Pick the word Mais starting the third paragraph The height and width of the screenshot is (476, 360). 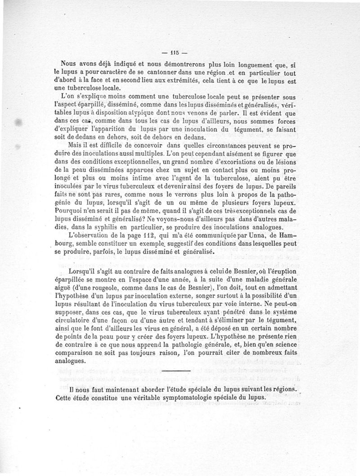pyautogui.click(x=74, y=145)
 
